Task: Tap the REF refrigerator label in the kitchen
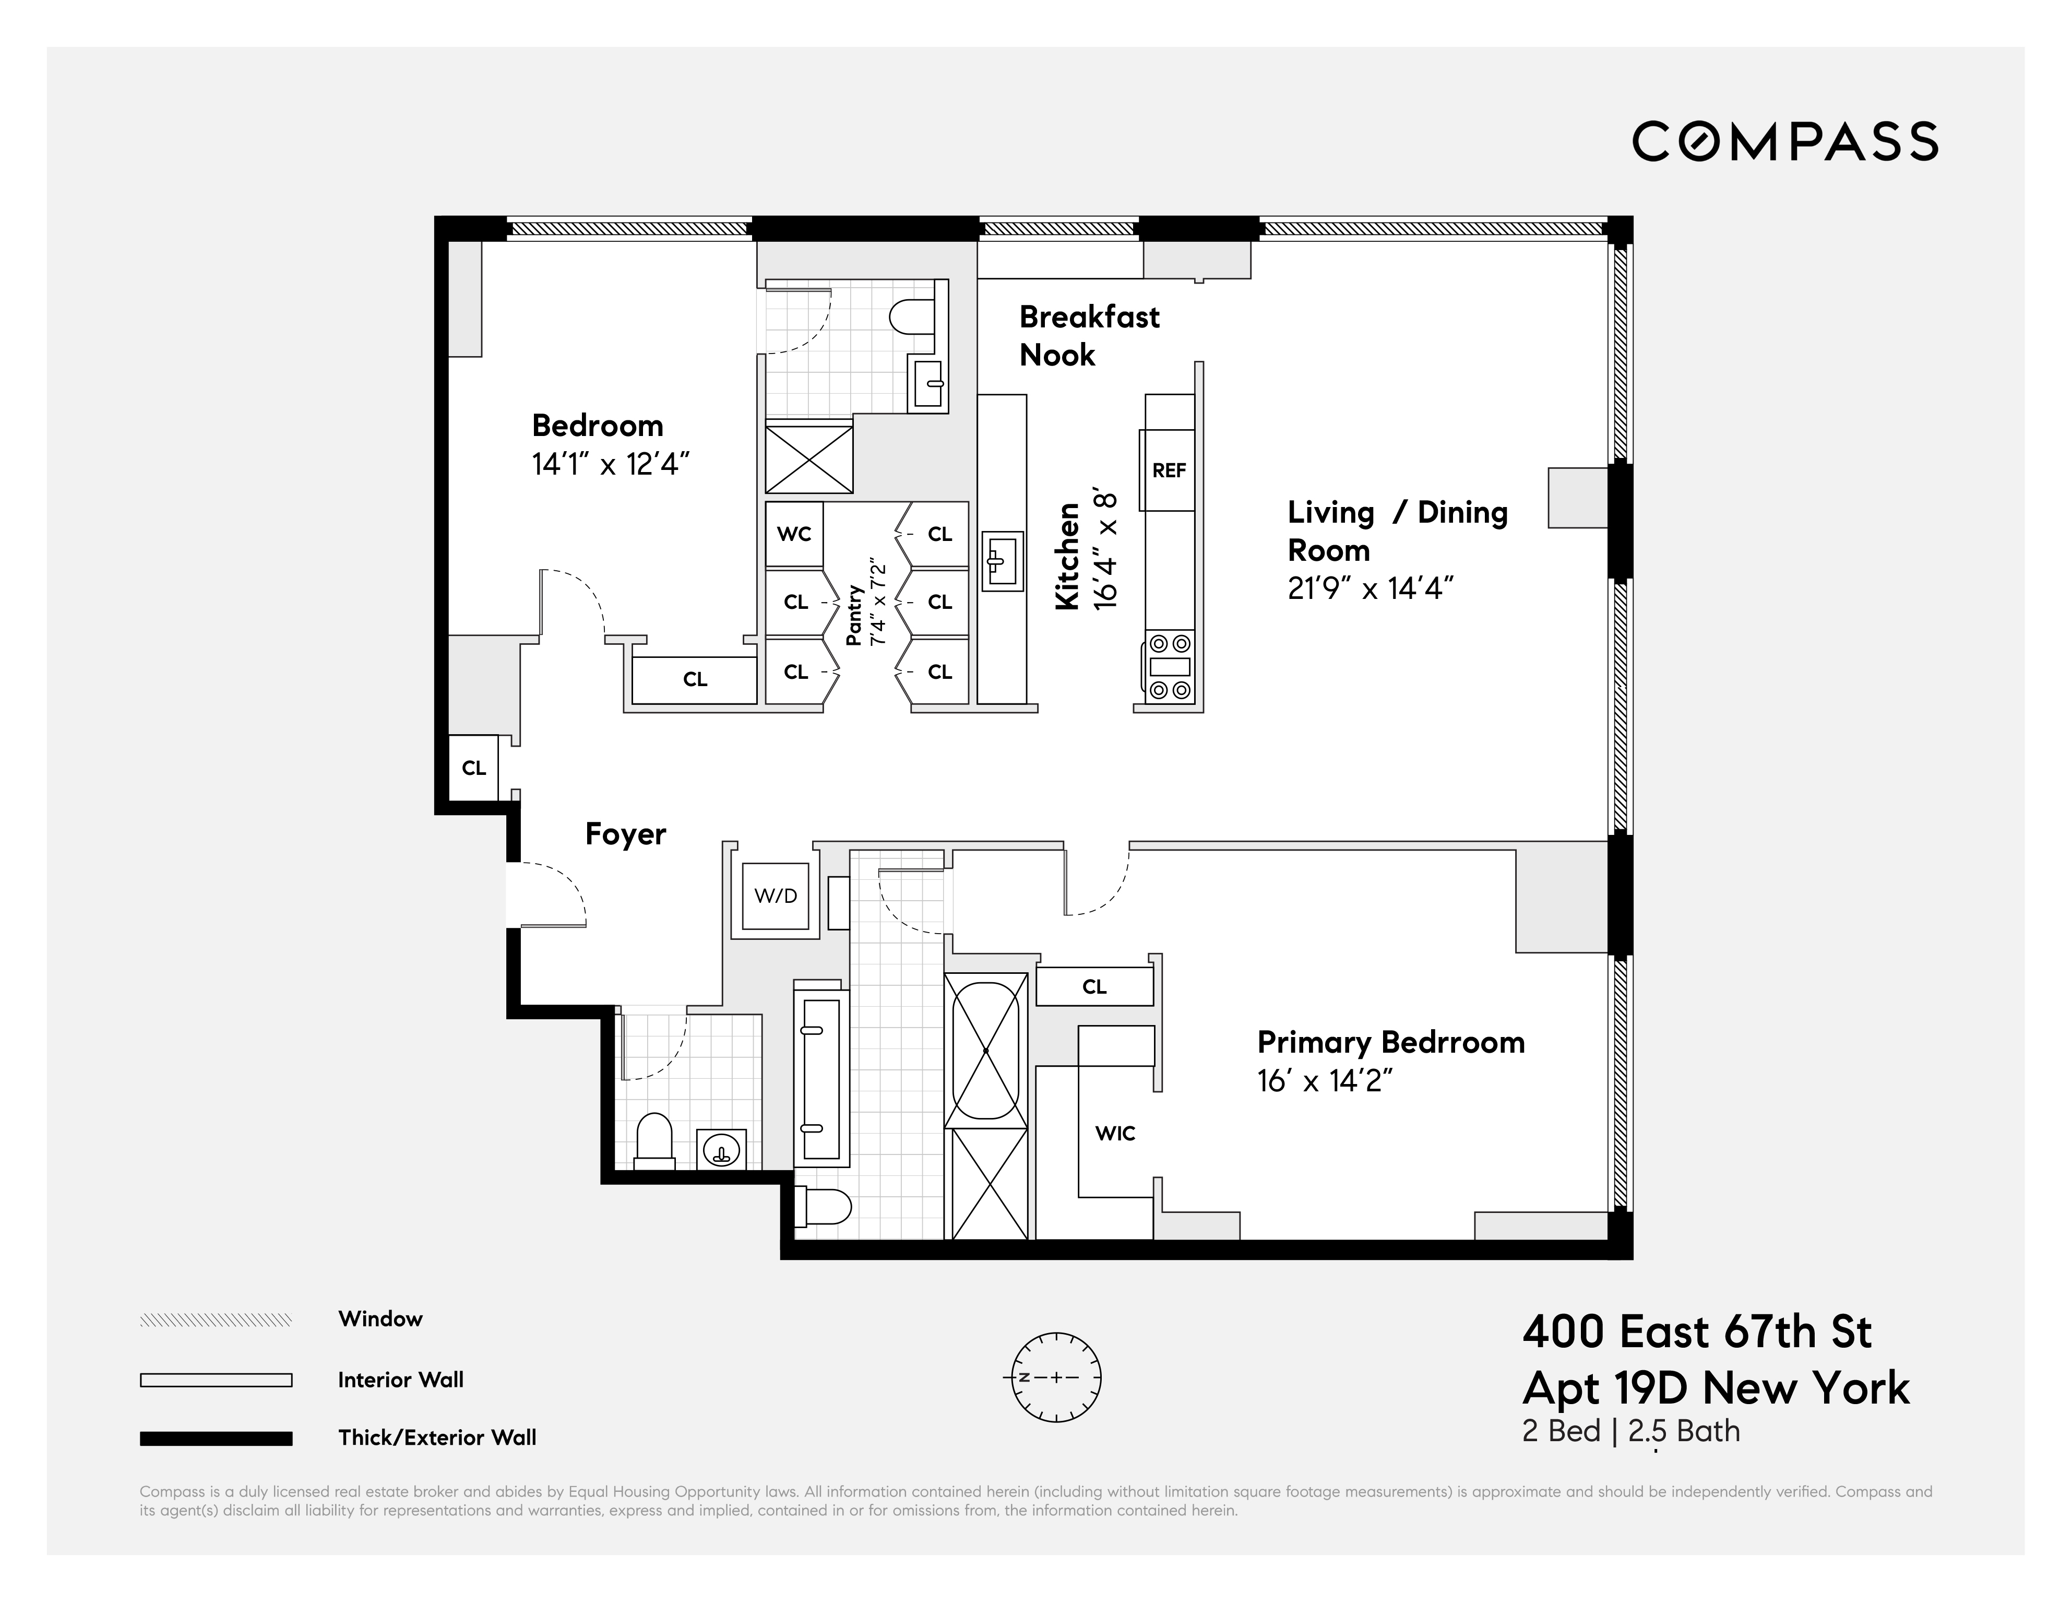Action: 1169,470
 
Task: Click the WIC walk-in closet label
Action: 1115,1133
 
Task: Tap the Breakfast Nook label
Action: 1088,335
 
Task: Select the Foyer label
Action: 625,834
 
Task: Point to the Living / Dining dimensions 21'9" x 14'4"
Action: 1370,588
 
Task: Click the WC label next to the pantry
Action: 794,534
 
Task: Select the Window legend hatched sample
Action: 216,1320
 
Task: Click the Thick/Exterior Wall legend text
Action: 436,1438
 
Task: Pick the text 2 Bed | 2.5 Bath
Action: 1630,1431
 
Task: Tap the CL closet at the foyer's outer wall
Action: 473,768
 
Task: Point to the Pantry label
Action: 855,615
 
